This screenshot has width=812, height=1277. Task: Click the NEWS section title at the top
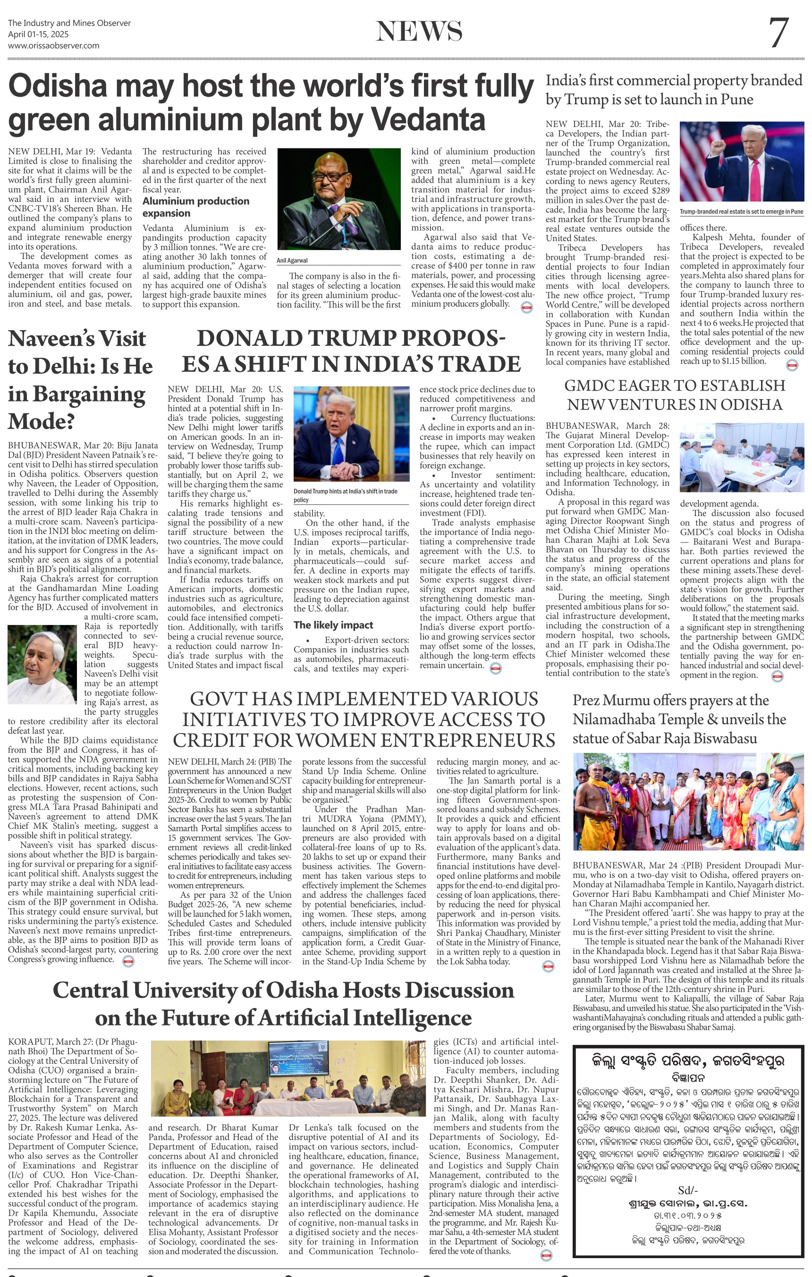tap(419, 31)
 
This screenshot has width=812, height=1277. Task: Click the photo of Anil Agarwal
tap(339, 199)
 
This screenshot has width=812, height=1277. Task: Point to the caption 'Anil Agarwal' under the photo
tap(292, 260)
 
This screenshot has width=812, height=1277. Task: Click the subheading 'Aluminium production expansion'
tap(195, 207)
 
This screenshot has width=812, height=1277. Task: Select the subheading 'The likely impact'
tap(333, 625)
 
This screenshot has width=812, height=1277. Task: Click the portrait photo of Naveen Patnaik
tap(42, 665)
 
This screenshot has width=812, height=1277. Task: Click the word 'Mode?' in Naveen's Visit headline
tap(41, 422)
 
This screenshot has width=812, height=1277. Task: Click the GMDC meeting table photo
tap(741, 457)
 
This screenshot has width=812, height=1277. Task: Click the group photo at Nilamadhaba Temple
tap(688, 801)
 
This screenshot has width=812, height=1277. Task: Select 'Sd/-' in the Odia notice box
tap(688, 1190)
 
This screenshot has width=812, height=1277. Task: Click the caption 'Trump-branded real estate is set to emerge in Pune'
tap(741, 212)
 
